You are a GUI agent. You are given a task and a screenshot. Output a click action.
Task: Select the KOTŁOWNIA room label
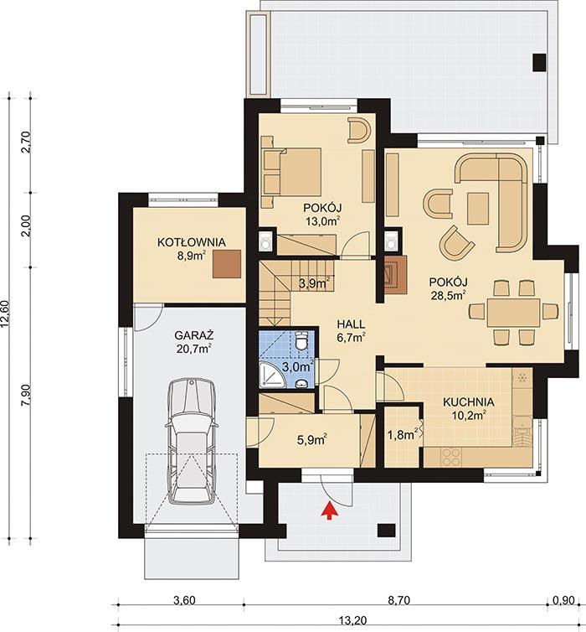point(192,242)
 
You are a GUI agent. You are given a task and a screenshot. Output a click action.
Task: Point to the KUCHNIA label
point(468,402)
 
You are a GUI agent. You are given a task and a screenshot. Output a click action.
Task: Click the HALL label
point(352,323)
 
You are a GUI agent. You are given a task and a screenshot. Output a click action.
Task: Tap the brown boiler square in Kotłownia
point(226,264)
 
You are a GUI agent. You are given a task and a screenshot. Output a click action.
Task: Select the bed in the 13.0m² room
point(291,173)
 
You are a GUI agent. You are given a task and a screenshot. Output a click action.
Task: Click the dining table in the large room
point(514,313)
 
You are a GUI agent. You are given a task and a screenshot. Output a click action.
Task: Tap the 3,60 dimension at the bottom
point(183,600)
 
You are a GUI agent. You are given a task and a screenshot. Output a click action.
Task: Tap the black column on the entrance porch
point(387,530)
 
